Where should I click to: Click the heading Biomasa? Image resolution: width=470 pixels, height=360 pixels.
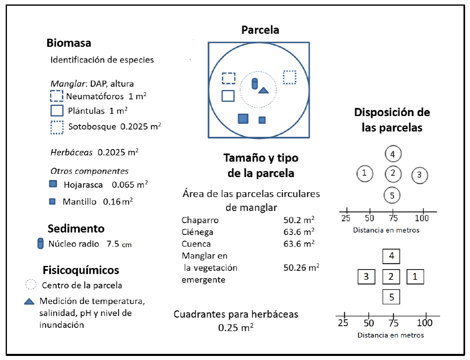pos(68,43)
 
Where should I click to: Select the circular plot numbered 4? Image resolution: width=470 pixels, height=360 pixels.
pos(393,154)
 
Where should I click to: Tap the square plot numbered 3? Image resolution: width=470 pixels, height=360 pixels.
pos(366,277)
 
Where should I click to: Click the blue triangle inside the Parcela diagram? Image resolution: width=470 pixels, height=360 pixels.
pos(264,90)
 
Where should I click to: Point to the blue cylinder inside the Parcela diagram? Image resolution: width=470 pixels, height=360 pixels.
pos(255,83)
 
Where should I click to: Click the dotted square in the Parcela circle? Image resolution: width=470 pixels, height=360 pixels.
pos(289,77)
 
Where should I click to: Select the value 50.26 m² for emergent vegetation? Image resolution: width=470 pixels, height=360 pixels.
pos(301,268)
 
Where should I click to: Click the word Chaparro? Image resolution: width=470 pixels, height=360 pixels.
pos(200,220)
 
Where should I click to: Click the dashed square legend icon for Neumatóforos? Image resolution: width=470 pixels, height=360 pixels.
pos(57,96)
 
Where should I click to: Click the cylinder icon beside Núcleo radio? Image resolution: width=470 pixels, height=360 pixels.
pos(40,244)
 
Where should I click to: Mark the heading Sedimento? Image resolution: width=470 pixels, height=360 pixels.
pos(76,228)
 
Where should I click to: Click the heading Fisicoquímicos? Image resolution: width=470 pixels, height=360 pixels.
pos(81,270)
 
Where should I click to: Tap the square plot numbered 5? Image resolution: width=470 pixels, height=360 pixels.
pos(391,296)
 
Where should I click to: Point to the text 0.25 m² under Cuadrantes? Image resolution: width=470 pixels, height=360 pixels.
pos(236,327)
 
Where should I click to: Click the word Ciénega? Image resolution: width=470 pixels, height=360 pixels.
pos(197,232)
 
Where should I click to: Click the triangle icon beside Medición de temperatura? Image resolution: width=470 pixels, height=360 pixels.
pos(29,302)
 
